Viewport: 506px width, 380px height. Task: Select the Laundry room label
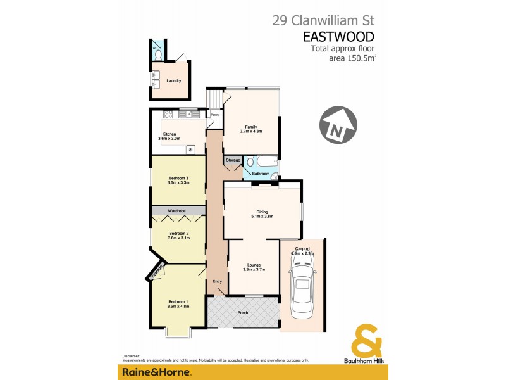point(173,81)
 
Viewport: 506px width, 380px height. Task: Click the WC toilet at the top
point(156,54)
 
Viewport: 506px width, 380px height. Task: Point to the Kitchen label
point(169,134)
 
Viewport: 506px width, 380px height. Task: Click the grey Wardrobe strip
point(178,210)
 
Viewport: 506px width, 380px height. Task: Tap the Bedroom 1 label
point(178,301)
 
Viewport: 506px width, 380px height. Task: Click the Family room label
point(250,127)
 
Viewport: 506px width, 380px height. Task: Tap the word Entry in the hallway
point(217,281)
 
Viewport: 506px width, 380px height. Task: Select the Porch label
point(243,313)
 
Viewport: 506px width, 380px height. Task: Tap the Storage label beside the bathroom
point(233,160)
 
